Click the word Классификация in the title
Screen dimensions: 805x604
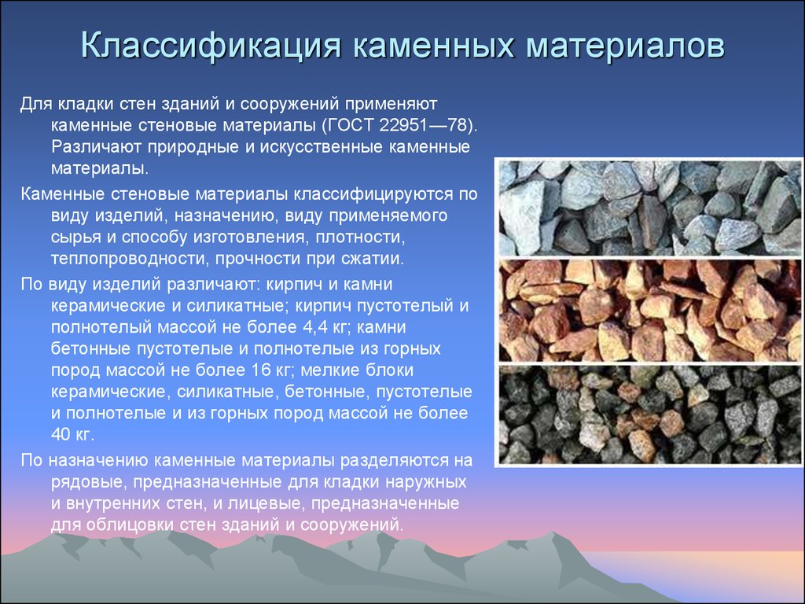[211, 45]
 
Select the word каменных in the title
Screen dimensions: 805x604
[434, 45]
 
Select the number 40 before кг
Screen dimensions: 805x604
[61, 434]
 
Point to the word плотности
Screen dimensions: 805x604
[360, 238]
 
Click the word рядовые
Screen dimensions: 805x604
[89, 483]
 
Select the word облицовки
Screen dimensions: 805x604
[130, 525]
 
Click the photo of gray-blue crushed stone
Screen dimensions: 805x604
[650, 208]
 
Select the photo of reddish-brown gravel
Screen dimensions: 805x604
[650, 310]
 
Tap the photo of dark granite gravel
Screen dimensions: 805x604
[650, 414]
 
